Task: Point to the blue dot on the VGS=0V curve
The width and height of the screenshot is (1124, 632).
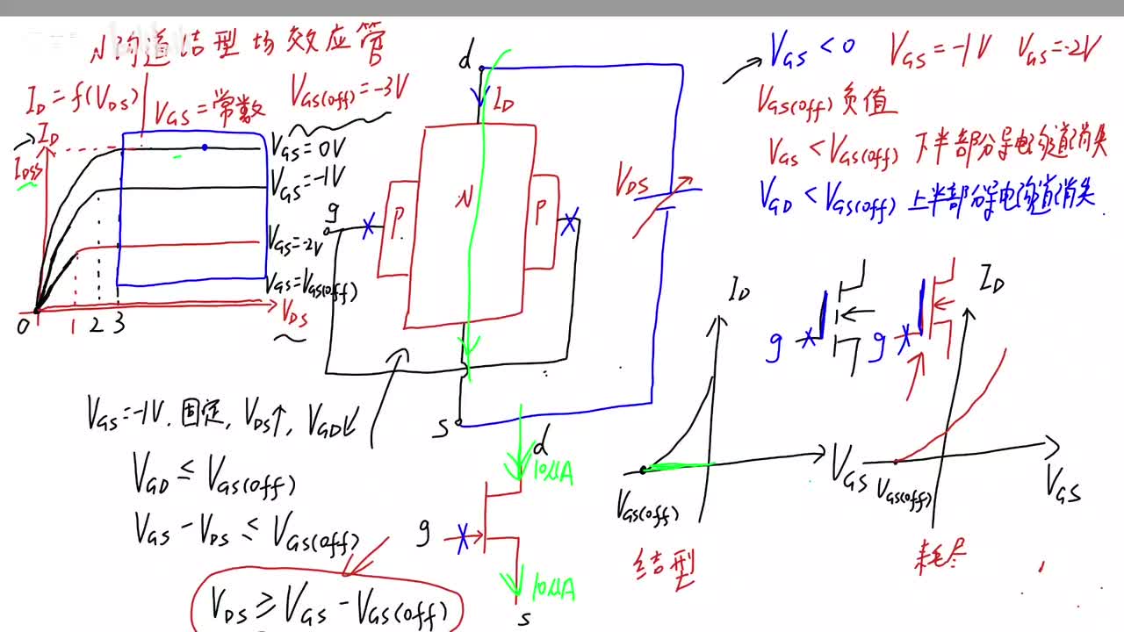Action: click(x=205, y=147)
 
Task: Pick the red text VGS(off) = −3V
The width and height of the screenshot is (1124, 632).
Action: click(x=349, y=90)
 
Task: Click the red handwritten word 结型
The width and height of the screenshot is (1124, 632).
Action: click(x=663, y=570)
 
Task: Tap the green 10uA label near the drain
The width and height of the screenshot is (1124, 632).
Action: click(x=552, y=473)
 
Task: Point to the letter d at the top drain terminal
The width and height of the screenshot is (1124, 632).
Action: click(x=465, y=61)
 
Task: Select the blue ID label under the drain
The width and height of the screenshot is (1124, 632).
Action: click(x=502, y=99)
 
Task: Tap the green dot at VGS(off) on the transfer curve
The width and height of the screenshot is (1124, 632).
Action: click(x=644, y=470)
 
